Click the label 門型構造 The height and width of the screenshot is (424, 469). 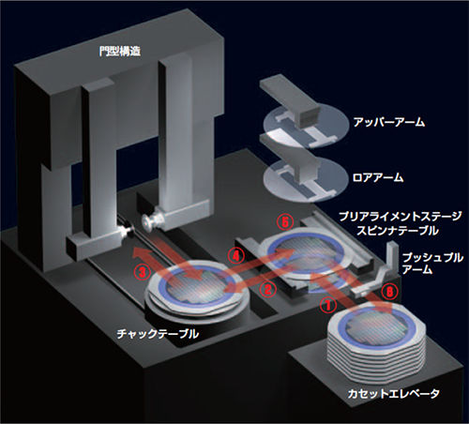(115, 52)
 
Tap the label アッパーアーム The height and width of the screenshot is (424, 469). (388, 122)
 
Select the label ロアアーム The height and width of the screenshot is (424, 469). (378, 177)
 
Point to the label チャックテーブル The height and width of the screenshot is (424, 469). (158, 334)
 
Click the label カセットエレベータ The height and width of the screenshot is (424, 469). (393, 393)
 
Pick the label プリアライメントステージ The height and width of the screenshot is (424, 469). (400, 217)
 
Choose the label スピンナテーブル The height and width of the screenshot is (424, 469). (398, 231)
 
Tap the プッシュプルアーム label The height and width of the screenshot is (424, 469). (432, 264)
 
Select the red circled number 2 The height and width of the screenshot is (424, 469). (267, 289)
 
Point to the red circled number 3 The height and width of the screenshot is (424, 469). (142, 272)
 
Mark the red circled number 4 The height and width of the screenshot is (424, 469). (235, 256)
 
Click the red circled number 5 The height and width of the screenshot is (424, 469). (285, 222)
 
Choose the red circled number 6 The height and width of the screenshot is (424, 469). (389, 291)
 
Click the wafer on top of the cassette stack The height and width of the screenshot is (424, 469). (376, 328)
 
